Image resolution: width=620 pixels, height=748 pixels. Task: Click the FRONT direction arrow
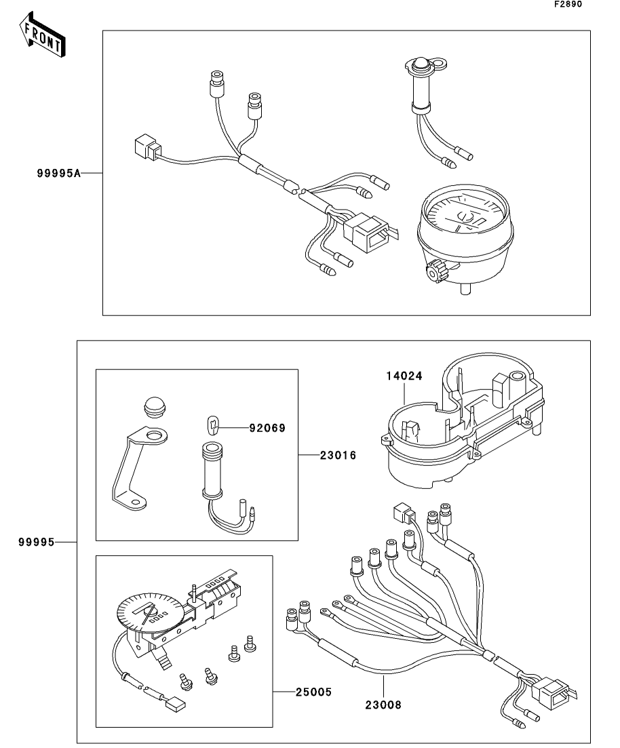(42, 35)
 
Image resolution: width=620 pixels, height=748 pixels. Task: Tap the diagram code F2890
(568, 4)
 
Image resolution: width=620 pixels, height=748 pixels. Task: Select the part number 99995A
(59, 173)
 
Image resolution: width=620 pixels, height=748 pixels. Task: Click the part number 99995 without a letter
(37, 542)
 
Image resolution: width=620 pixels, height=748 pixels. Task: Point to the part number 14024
(404, 376)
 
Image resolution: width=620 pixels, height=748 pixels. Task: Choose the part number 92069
(267, 429)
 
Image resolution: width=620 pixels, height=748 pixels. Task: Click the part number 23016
(338, 456)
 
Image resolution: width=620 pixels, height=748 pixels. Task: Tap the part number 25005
(313, 692)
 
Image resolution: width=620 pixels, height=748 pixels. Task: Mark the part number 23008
(383, 705)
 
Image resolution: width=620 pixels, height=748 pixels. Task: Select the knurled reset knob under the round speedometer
(436, 273)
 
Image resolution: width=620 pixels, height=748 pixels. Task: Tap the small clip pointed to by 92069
(214, 425)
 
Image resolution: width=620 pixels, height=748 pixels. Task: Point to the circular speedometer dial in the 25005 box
(149, 612)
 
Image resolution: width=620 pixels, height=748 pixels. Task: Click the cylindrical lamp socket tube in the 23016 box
(211, 471)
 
